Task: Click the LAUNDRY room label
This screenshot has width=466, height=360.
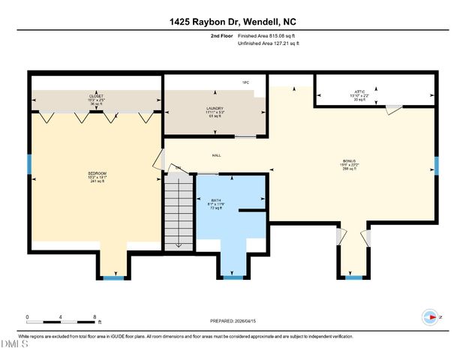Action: point(215,110)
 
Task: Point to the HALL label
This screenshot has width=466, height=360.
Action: point(216,155)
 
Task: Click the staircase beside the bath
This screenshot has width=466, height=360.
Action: point(179,211)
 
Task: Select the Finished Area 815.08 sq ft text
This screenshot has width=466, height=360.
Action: point(268,35)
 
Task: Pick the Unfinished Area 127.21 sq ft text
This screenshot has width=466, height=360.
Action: point(268,44)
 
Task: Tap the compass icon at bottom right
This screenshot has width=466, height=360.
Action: point(430,317)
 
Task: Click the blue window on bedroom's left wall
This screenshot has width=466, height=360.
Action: point(29,164)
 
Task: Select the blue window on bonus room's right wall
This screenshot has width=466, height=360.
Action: point(436,165)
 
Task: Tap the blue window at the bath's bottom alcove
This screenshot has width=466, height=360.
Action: point(234,277)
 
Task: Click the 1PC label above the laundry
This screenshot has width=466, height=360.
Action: point(245,81)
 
